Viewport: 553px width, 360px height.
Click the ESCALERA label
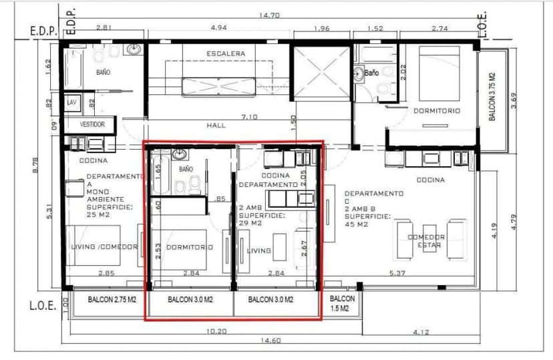point(225,53)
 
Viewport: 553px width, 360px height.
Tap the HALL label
point(216,125)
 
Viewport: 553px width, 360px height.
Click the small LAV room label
point(71,102)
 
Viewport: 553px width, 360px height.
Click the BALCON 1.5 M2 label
point(342,303)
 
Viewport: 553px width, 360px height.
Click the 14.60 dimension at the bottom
point(270,341)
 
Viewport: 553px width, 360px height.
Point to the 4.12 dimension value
point(421,331)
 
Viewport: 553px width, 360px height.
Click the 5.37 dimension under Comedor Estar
point(397,273)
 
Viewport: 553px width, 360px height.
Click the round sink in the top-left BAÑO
point(135,49)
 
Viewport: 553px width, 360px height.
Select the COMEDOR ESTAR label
point(426,241)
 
